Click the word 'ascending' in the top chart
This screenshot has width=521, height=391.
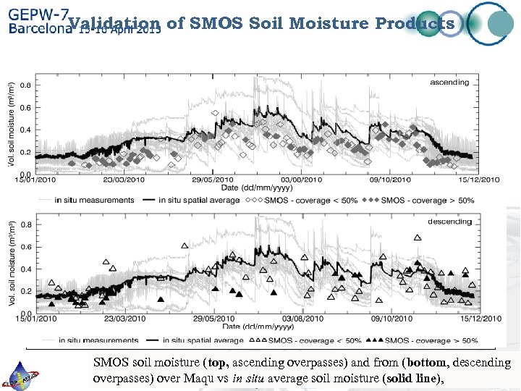449,83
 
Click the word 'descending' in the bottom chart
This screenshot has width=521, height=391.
449,222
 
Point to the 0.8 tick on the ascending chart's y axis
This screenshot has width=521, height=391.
25,85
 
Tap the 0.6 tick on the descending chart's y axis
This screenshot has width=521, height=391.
25,247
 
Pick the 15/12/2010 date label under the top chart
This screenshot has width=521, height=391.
477,180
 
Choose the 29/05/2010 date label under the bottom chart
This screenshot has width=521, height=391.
213,319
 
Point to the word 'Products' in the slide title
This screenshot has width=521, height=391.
415,23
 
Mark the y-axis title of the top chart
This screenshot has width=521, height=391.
12,123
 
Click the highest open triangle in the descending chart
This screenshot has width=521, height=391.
418,237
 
